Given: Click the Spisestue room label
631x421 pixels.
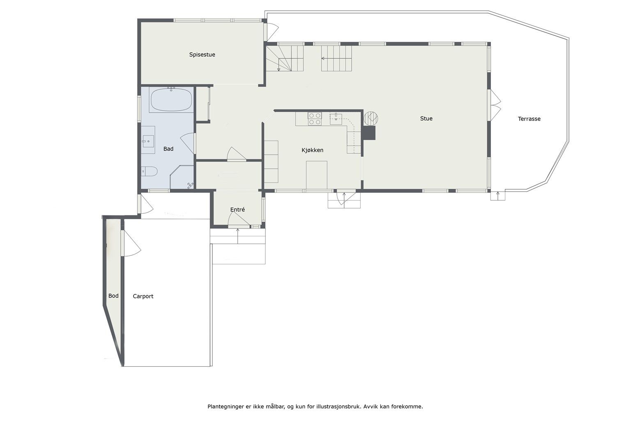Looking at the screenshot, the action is tap(202, 54).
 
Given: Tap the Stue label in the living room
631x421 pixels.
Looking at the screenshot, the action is tap(426, 118).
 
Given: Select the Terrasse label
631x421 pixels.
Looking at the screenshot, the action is tap(529, 119).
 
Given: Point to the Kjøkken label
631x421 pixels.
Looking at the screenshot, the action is tap(312, 150).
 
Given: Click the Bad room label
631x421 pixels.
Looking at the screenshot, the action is tap(168, 148).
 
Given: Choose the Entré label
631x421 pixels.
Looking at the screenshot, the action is tap(237, 209).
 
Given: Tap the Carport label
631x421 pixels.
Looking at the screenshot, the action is tap(143, 296).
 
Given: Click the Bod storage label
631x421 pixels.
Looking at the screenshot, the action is tap(113, 296).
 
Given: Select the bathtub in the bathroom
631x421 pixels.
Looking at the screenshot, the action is tap(171, 99).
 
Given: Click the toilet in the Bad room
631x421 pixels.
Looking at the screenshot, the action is tap(149, 171).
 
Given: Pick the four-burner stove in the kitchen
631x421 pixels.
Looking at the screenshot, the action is tap(315, 119).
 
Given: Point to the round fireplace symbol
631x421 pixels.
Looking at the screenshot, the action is tap(371, 118).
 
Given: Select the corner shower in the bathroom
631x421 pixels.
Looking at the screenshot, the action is tap(182, 177).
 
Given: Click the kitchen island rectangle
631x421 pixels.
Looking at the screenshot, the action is tap(317, 175).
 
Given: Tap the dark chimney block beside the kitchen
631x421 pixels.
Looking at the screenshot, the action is tap(369, 133).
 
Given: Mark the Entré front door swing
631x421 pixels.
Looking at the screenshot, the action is tap(239, 219).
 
